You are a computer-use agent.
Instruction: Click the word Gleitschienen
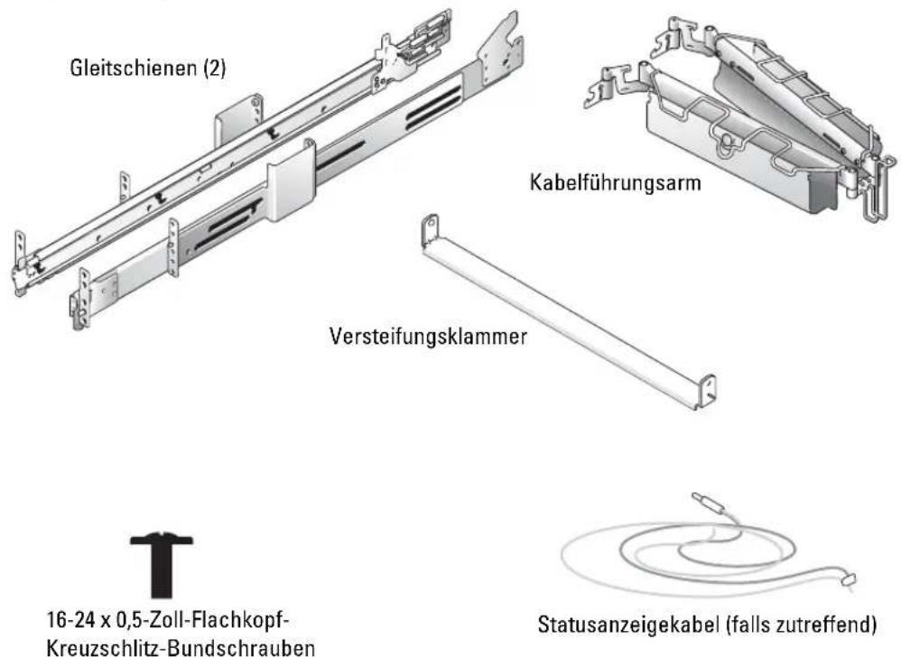135,68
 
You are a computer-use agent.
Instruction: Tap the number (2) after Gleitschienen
215,69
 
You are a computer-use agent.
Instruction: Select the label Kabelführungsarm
615,182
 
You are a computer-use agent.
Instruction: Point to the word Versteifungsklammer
428,336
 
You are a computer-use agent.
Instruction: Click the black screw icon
162,564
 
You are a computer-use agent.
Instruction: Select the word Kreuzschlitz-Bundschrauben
180,648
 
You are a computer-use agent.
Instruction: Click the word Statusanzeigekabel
628,624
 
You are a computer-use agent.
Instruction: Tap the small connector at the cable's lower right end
848,579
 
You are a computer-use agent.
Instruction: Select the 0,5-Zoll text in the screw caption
151,621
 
